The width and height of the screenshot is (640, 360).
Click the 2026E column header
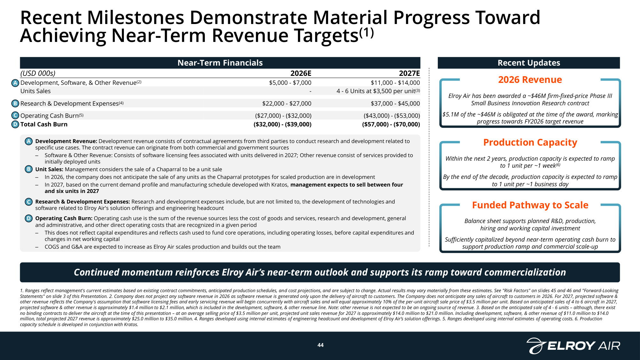[301, 73]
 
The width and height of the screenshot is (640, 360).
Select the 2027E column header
[409, 73]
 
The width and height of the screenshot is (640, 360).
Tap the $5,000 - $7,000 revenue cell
[290, 83]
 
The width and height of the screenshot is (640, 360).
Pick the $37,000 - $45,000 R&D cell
[395, 103]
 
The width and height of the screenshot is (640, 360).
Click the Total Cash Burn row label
[44, 124]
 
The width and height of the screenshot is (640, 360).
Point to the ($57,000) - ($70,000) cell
[391, 124]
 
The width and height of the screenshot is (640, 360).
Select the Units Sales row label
[36, 91]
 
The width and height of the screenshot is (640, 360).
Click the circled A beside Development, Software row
[15, 83]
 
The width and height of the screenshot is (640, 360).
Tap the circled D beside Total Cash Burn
[15, 124]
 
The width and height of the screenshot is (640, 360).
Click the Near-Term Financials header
[220, 63]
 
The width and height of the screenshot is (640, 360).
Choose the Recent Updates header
[529, 63]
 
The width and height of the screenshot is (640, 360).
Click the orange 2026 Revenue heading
[530, 79]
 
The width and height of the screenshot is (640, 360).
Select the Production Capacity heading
[530, 142]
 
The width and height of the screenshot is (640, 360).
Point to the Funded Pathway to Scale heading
[530, 205]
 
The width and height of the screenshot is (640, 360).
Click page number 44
[320, 345]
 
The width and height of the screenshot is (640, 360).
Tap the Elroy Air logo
[573, 346]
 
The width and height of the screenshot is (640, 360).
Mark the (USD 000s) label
[38, 73]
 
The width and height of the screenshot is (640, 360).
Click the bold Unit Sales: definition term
[49, 169]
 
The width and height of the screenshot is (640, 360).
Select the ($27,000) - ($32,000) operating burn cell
[283, 116]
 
